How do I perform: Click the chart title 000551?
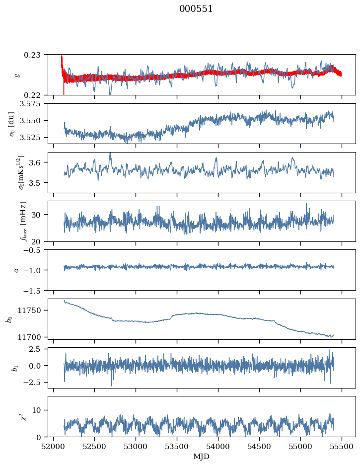[x=196, y=9]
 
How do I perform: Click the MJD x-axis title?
[x=201, y=456]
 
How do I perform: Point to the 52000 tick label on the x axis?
[x=53, y=447]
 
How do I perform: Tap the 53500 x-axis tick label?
[x=177, y=447]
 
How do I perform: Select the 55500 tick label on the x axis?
[x=342, y=447]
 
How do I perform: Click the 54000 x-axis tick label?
[x=218, y=447]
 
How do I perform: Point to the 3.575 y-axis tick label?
[x=32, y=104]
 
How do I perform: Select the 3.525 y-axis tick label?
[x=32, y=137]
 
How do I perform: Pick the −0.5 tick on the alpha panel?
[x=36, y=250]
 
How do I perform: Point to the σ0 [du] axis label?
[x=12, y=124]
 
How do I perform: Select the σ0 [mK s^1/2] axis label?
[x=21, y=172]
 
